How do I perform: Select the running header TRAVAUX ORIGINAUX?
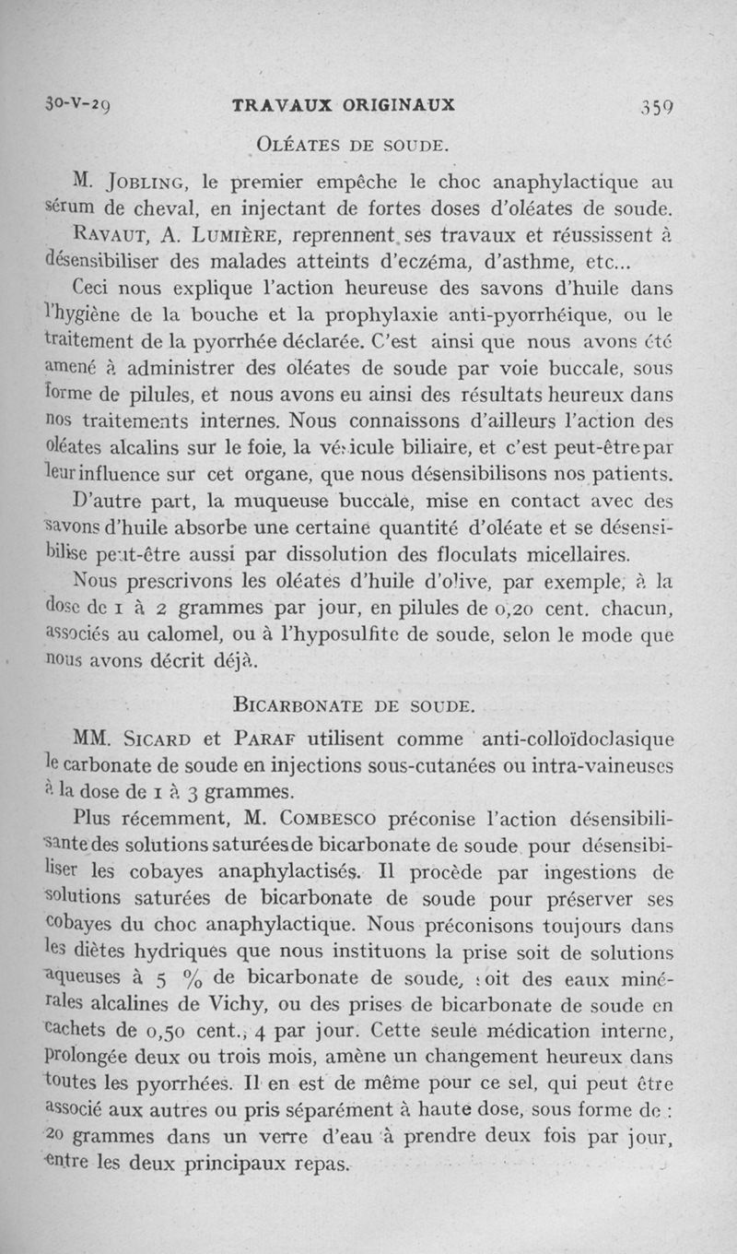[x=344, y=104]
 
